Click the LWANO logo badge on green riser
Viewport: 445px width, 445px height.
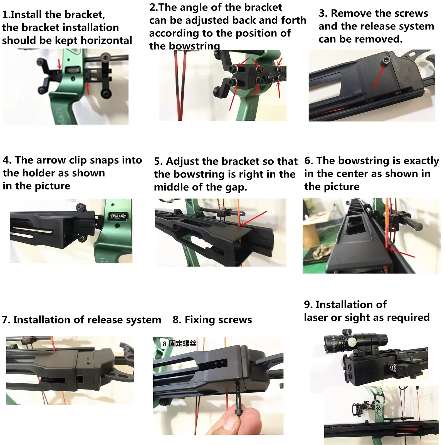(x=118, y=216)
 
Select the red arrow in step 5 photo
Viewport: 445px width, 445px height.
(x=254, y=218)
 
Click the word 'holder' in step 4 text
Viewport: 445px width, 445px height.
(x=35, y=173)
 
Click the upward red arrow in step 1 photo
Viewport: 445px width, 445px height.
(x=88, y=89)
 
